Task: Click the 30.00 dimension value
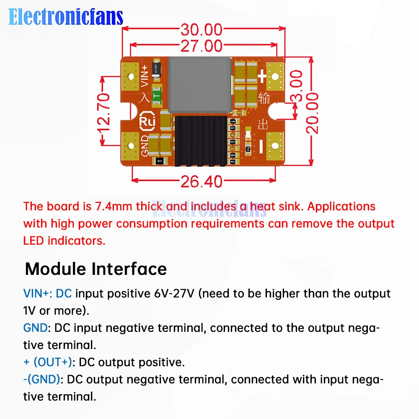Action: coord(201,30)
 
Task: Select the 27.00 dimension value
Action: coord(201,45)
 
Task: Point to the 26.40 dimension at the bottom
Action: coord(201,181)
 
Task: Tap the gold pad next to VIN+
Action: coord(131,77)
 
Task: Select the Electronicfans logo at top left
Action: coord(66,17)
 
